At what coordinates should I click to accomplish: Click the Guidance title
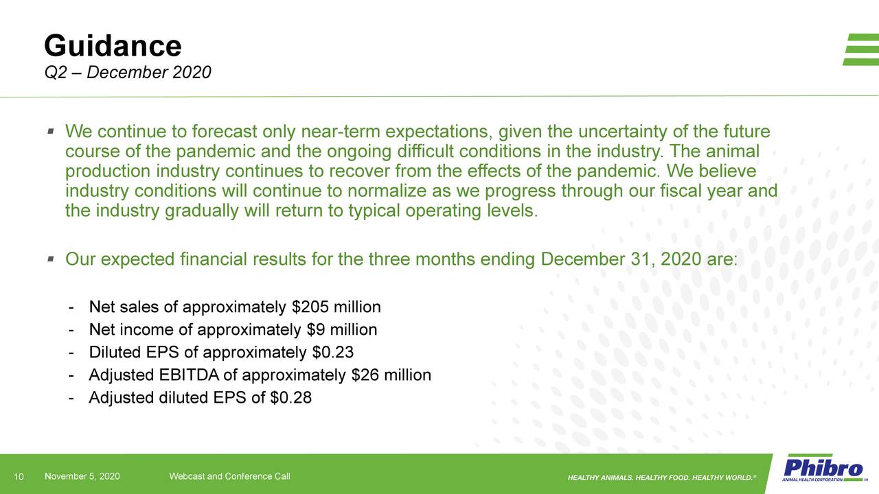113,46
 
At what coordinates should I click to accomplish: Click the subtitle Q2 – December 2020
127,72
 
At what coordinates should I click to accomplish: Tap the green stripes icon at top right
861,49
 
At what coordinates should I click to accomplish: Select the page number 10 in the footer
19,477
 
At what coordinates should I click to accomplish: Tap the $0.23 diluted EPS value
332,353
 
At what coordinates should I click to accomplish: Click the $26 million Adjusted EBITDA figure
391,375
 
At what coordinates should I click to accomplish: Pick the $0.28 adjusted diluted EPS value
291,398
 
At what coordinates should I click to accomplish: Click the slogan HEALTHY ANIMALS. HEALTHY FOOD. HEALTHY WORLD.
662,477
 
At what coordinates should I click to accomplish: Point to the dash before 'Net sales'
72,307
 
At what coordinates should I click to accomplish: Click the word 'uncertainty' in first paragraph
632,131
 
